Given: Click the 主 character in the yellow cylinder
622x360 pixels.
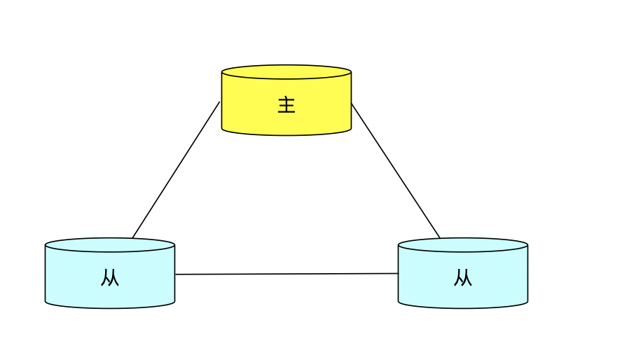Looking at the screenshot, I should click(x=286, y=105).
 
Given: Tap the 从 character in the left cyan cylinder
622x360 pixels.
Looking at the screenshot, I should click(x=110, y=278).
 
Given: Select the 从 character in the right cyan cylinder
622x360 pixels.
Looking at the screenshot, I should click(x=463, y=278).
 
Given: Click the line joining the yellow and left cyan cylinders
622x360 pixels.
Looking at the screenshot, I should click(x=176, y=170).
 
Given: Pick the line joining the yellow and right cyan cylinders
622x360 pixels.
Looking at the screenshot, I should click(x=396, y=170).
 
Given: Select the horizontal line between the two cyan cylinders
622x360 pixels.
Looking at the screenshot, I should click(x=286, y=274).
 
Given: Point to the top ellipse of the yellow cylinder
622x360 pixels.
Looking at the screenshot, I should click(x=286, y=71).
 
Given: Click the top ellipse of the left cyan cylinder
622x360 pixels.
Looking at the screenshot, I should click(x=110, y=244).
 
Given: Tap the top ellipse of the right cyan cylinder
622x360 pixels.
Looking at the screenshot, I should click(x=463, y=244).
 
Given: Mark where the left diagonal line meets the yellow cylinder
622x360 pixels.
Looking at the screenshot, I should click(x=220, y=102).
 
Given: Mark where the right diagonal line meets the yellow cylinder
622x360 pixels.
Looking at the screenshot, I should click(x=352, y=104).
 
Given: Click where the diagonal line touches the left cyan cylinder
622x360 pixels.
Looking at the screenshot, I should click(x=132, y=238).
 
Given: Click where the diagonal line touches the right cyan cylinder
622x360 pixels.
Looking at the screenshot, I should click(x=440, y=238).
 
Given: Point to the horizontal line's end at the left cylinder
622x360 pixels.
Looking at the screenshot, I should click(x=176, y=275).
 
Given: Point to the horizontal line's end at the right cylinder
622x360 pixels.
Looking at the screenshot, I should click(x=398, y=274).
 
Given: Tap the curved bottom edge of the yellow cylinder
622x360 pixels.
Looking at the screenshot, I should click(x=286, y=134).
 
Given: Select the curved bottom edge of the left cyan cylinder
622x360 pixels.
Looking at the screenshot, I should click(x=110, y=307).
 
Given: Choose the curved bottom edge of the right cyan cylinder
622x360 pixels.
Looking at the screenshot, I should click(x=463, y=307).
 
